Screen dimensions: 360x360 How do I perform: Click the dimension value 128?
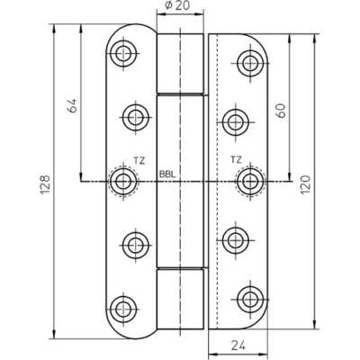(45, 184)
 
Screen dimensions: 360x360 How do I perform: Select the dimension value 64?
(73, 105)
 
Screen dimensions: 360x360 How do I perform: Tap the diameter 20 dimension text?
(177, 5)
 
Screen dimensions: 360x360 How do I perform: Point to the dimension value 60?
(281, 111)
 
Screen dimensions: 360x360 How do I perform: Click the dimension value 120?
(305, 184)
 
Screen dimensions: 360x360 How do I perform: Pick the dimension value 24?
(238, 346)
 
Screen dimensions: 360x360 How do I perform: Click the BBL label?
(167, 175)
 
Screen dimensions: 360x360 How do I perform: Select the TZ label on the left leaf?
(139, 161)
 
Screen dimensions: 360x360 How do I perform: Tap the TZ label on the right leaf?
(236, 159)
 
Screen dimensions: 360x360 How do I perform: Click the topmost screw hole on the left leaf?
(123, 54)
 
